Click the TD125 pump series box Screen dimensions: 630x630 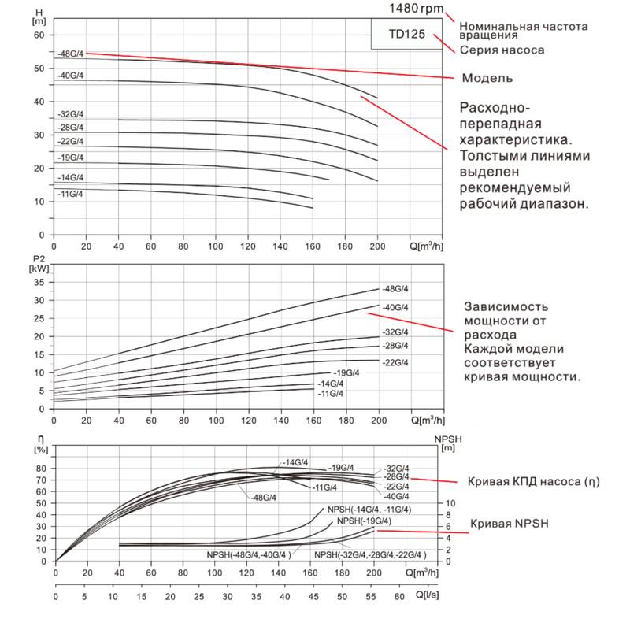click(407, 35)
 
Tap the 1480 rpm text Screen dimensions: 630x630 click(415, 8)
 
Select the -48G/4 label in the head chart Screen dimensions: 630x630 click(70, 54)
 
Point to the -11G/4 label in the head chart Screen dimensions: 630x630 click(70, 193)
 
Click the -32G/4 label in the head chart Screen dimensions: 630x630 click(70, 113)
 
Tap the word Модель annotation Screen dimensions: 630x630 click(487, 78)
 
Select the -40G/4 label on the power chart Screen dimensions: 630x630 click(395, 307)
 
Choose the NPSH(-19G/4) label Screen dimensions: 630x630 click(364, 521)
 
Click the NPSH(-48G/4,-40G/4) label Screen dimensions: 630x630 click(249, 555)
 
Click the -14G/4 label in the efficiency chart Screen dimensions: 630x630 click(295, 462)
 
